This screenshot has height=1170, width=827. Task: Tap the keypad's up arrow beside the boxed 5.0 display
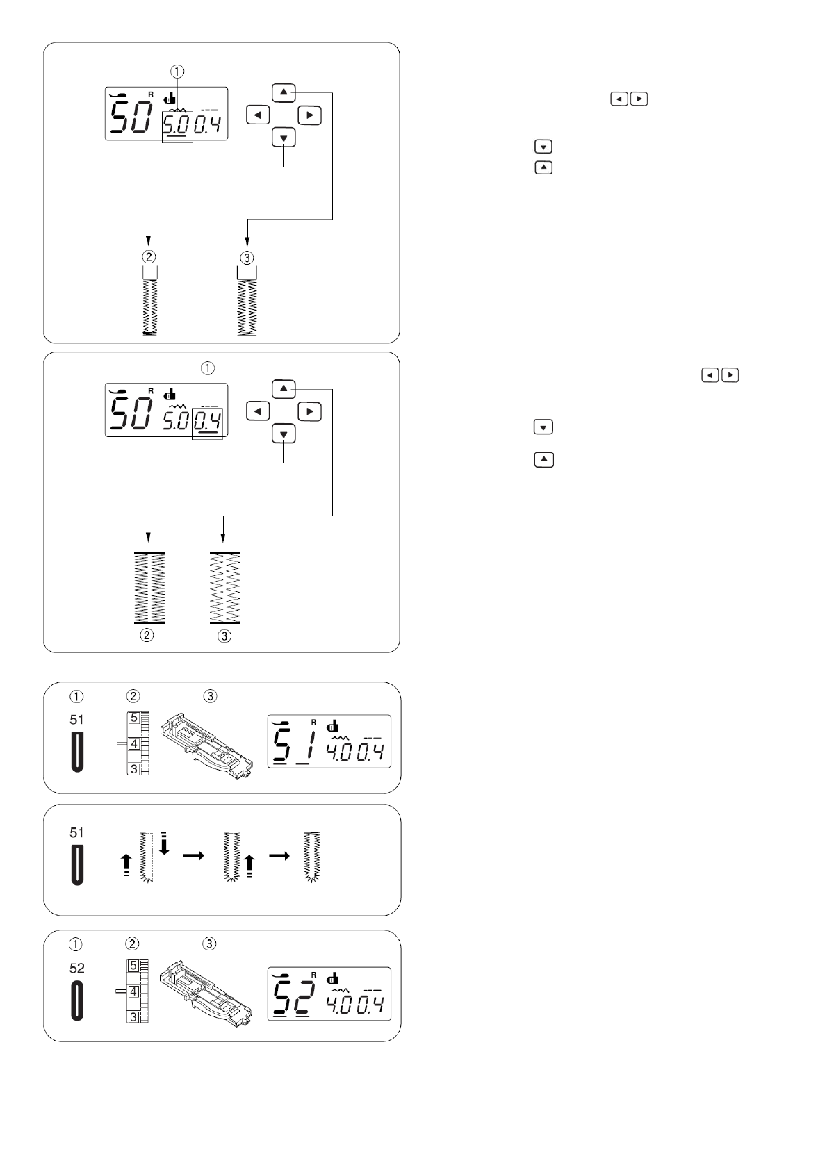coord(284,93)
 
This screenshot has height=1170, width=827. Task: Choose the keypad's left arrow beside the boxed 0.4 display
coord(258,411)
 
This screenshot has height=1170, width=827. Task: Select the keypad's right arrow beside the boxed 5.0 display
coord(310,115)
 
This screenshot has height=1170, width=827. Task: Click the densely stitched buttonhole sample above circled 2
coord(149,588)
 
